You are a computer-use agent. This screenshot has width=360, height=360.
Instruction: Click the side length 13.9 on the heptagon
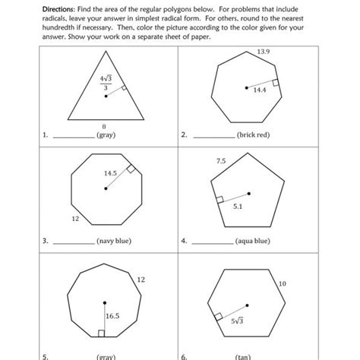pyautogui.click(x=264, y=51)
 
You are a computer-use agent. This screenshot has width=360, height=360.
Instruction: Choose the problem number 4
pyautogui.click(x=184, y=242)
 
